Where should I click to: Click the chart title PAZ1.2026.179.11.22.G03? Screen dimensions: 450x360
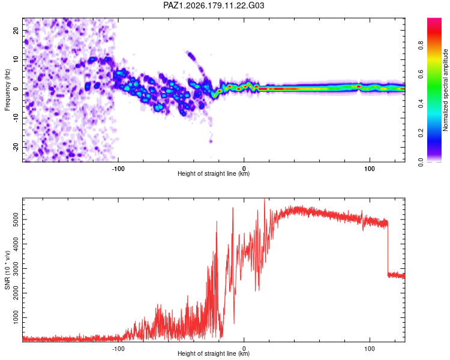click(214, 5)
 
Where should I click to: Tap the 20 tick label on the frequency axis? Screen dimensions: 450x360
click(16, 31)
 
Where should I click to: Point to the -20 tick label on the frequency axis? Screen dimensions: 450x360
click(16, 147)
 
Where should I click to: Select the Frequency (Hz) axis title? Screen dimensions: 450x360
click(7, 90)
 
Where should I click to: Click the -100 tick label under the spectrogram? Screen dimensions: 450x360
click(118, 169)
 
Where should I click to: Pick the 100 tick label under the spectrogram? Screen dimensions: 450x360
click(370, 169)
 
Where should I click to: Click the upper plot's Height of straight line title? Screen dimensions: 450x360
click(214, 173)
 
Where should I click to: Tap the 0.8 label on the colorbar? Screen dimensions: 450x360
click(421, 46)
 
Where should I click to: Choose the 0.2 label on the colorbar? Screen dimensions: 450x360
click(421, 133)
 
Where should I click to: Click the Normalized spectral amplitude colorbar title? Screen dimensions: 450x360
click(445, 90)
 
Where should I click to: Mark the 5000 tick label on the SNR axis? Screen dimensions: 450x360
click(16, 220)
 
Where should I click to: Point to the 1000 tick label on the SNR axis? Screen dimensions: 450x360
click(16, 317)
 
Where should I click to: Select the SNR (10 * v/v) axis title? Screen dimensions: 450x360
click(7, 270)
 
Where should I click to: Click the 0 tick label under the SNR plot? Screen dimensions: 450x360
click(244, 349)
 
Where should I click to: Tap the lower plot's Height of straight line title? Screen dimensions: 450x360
click(214, 353)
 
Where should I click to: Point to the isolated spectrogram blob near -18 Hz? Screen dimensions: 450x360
click(211, 141)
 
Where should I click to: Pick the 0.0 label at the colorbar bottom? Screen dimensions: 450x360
click(421, 162)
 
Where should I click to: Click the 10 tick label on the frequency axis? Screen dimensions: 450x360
click(16, 59)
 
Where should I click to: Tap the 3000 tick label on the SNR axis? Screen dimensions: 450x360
click(16, 269)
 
